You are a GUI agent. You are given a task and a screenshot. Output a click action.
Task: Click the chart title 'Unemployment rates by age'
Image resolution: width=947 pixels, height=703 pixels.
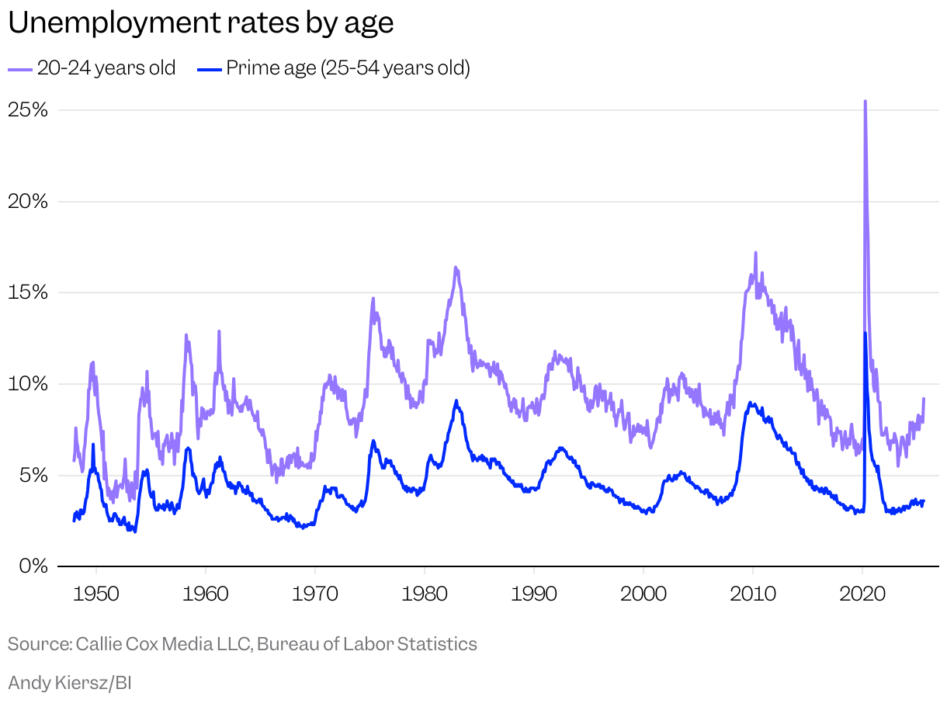[200, 23]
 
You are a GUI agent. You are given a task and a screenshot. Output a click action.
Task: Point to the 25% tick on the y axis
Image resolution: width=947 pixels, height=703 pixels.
[28, 109]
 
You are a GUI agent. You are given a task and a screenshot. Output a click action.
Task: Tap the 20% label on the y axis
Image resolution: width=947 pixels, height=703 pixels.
[28, 201]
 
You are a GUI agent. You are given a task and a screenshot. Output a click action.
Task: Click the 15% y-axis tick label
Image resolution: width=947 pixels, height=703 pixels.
[28, 293]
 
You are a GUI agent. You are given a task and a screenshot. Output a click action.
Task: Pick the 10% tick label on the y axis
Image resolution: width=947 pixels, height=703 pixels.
[28, 384]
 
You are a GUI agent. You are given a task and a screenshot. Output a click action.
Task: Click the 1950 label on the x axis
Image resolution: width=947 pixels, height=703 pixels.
[96, 594]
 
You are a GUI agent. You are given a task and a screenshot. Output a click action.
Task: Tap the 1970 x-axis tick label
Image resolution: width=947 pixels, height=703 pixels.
[315, 594]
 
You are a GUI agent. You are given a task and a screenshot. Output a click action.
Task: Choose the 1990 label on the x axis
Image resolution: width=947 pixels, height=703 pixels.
[534, 594]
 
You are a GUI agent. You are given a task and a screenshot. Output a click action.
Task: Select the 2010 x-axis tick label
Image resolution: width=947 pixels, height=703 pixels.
[753, 594]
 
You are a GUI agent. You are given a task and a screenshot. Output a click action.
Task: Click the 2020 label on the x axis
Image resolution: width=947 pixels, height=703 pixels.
[862, 594]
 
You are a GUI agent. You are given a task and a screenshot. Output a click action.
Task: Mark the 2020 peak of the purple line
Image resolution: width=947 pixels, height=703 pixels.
[865, 101]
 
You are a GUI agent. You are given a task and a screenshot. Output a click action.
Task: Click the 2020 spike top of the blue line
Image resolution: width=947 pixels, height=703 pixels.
[865, 333]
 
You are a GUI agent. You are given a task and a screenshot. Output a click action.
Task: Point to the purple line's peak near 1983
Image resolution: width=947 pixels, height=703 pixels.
[456, 268]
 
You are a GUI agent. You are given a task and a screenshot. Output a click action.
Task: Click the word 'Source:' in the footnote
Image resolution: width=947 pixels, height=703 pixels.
[39, 644]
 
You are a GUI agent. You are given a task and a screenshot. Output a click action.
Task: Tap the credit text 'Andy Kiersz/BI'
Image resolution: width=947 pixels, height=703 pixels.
[70, 683]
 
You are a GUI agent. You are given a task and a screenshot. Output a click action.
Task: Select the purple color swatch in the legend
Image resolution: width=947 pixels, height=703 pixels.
[20, 69]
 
